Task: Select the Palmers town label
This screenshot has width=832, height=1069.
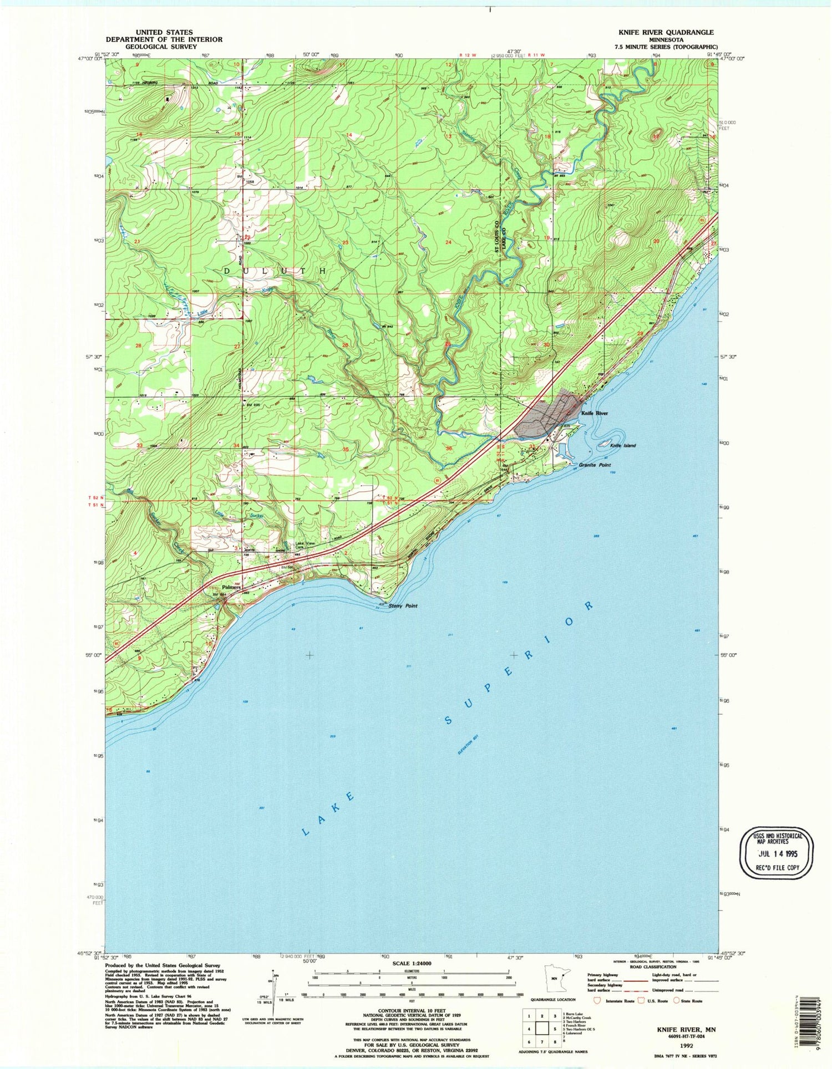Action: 231,587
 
